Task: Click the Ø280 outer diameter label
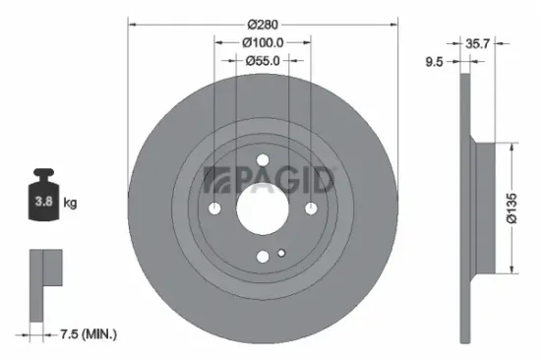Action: pos(263,23)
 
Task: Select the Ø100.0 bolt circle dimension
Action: pos(263,42)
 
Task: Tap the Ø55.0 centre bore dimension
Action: pos(263,61)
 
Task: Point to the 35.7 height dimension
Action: pos(478,43)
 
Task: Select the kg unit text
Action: pos(71,203)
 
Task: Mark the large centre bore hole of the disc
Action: pos(263,208)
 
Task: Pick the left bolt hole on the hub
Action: pos(215,208)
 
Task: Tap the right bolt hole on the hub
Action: pos(310,208)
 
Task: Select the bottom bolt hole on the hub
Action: pos(263,256)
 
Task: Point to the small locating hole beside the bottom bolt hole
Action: pos(281,254)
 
